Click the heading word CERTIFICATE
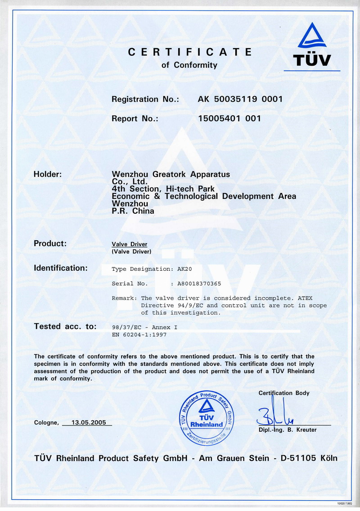[189, 52]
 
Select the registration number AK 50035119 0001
[240, 99]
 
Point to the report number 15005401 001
[229, 119]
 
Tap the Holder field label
[48, 175]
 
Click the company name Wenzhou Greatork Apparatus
[171, 175]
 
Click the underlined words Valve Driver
[129, 244]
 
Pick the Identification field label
[61, 268]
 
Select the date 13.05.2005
[86, 423]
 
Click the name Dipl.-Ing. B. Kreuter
[287, 430]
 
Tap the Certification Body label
[284, 393]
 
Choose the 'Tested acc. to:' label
[65, 327]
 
